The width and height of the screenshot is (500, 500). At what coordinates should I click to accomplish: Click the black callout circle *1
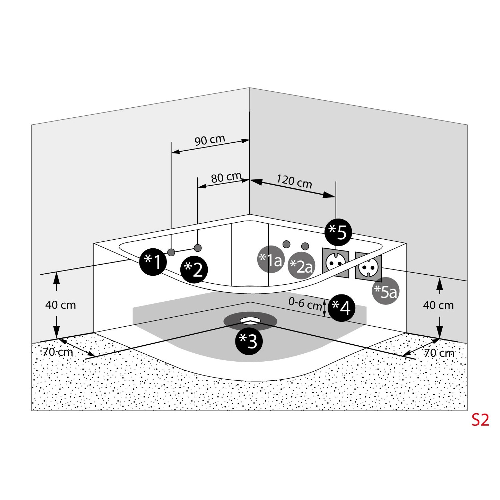(153, 262)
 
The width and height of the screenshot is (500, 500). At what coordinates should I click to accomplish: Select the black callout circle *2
(194, 269)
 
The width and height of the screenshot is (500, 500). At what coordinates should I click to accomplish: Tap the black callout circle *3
(249, 341)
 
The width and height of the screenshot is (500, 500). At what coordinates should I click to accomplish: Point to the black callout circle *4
(342, 308)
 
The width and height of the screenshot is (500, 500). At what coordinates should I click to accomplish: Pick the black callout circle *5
(338, 232)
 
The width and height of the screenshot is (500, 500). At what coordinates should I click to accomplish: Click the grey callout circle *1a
(271, 259)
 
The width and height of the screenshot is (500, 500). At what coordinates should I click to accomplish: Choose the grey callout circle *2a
(301, 266)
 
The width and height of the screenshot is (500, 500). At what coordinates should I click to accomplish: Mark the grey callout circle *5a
(386, 291)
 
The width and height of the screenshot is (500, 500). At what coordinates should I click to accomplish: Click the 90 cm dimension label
(210, 140)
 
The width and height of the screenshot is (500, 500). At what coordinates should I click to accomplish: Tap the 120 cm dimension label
(294, 181)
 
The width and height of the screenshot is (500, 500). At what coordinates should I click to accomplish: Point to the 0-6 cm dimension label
(305, 304)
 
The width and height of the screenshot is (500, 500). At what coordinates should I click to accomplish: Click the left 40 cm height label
(61, 305)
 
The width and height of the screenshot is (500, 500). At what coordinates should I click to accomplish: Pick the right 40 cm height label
(438, 305)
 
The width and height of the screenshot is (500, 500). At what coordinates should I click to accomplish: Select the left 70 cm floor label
(58, 352)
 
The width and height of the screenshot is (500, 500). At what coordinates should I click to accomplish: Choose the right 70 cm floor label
(439, 353)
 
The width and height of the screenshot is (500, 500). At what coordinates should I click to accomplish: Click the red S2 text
(480, 420)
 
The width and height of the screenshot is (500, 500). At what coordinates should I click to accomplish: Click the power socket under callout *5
(335, 263)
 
